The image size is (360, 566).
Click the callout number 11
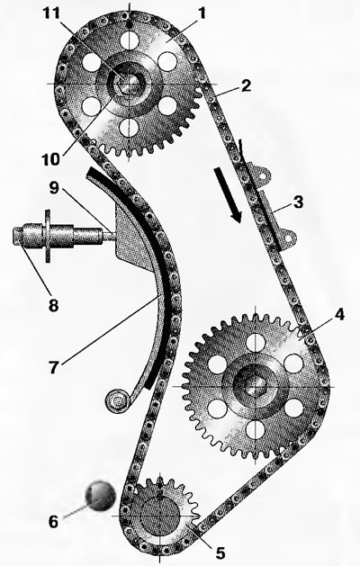[51, 13]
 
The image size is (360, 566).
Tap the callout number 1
[202, 13]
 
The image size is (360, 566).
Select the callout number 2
[246, 85]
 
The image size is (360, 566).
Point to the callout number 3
[298, 202]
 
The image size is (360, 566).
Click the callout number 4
[339, 315]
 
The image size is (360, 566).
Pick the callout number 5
[220, 553]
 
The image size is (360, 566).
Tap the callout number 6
[53, 522]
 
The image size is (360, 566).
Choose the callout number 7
[53, 367]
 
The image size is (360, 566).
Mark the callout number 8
[53, 306]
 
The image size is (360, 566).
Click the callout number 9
[54, 188]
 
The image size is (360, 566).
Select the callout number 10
[51, 159]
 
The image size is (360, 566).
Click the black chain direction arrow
[228, 195]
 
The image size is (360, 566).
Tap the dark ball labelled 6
[101, 496]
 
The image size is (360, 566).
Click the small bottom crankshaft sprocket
[159, 517]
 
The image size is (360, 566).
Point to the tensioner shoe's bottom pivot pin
[117, 400]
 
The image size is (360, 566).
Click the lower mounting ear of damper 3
[287, 238]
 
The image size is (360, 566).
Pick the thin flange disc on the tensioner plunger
[48, 236]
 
